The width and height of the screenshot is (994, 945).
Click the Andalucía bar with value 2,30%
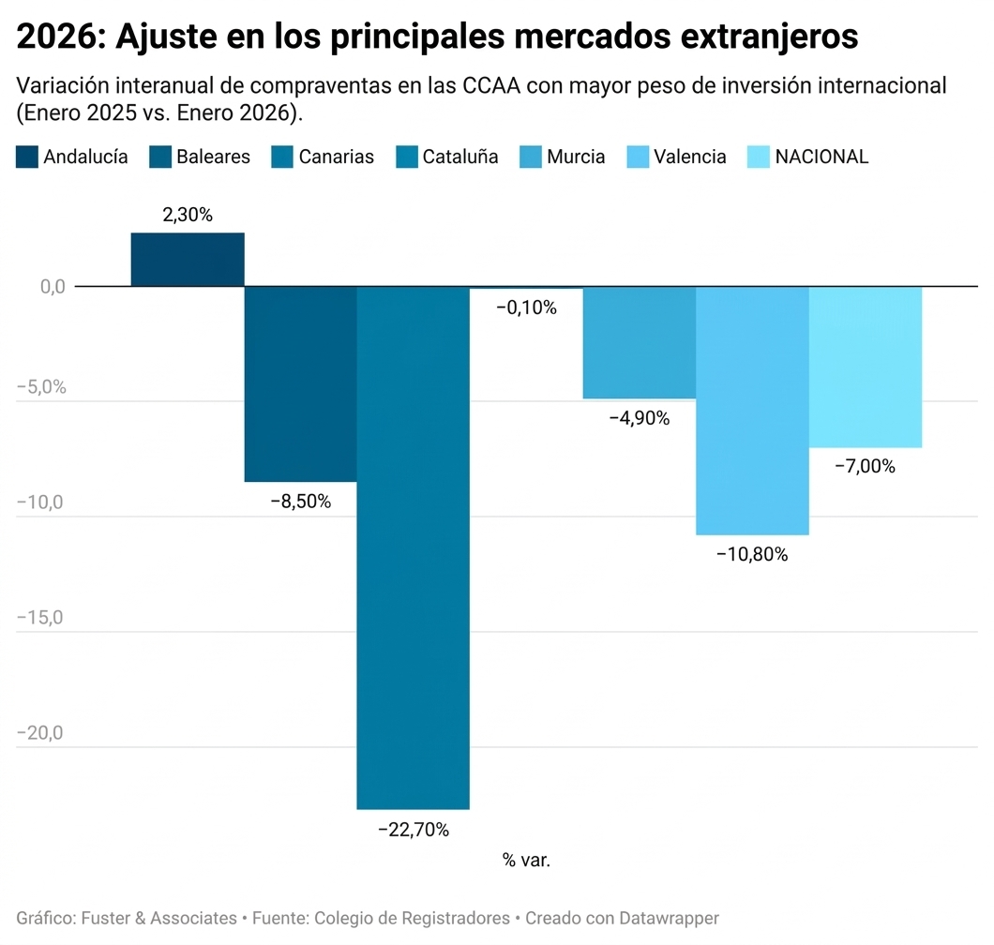point(188,259)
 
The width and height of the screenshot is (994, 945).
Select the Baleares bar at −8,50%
point(300,383)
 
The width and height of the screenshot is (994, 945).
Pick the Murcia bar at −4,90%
point(640,342)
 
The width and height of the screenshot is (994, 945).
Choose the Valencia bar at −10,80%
point(752,410)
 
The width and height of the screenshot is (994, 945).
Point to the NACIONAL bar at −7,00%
point(866,367)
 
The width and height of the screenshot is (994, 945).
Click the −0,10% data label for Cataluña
point(526,307)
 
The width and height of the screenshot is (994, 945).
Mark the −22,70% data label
point(414,830)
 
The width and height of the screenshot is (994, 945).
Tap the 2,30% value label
point(188,215)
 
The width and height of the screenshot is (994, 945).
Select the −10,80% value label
point(752,554)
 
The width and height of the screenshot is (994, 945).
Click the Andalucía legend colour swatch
point(27,157)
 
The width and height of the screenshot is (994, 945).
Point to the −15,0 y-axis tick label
point(39,618)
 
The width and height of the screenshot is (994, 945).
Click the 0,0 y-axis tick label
point(53,287)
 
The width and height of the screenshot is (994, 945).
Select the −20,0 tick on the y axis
point(39,733)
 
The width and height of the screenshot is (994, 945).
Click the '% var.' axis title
point(526,861)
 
